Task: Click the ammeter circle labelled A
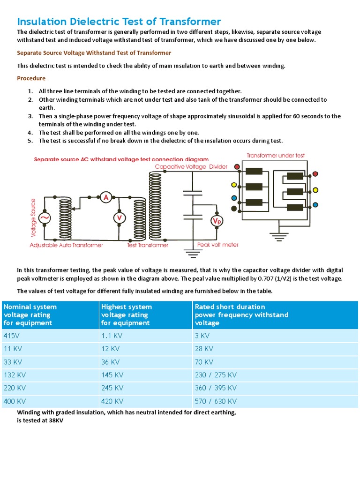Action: point(106,198)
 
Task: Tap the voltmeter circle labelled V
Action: point(119,217)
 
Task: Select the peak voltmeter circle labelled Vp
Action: point(217,221)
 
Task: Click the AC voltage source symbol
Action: point(45,218)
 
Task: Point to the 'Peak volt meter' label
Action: point(217,245)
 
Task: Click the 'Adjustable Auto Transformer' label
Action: point(67,245)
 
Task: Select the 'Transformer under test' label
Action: point(276,156)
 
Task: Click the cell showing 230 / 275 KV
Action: point(216,375)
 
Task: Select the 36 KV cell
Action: point(110,362)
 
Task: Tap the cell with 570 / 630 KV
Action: point(216,401)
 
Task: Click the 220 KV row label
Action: point(15,388)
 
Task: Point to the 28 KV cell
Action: point(204,349)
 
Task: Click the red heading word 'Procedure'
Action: point(31,78)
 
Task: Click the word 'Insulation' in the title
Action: point(43,22)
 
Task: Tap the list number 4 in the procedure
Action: point(30,133)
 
